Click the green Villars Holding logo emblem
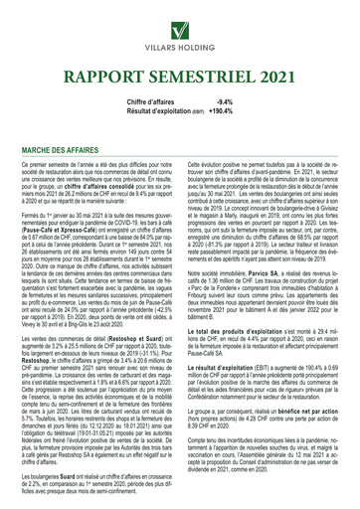[x=180, y=20]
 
